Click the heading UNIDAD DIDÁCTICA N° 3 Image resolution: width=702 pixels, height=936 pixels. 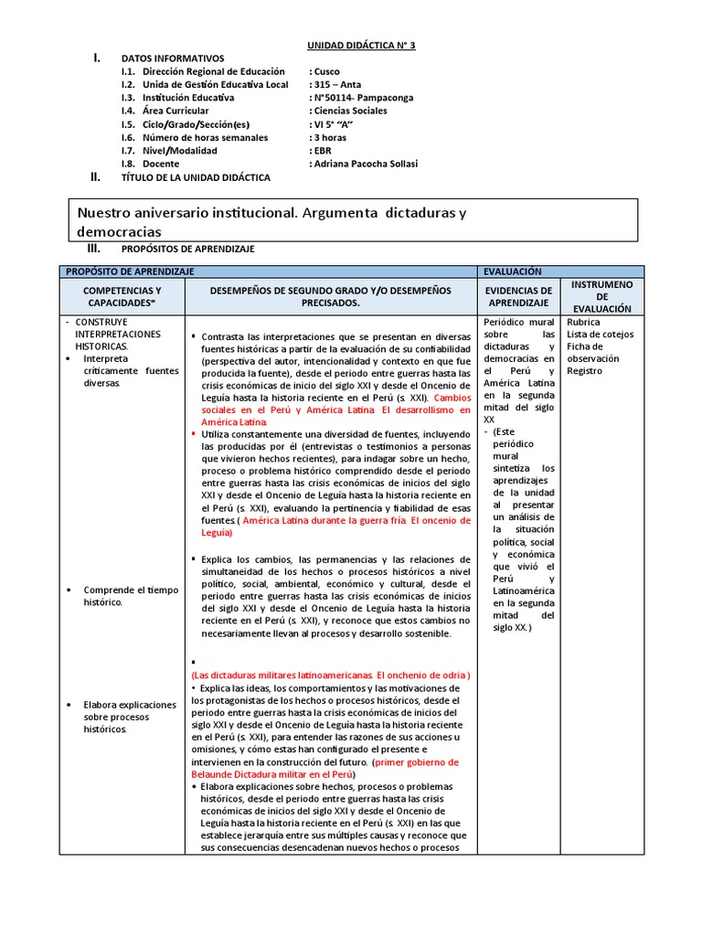coord(359,45)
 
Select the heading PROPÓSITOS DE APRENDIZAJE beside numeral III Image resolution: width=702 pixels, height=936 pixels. coord(187,249)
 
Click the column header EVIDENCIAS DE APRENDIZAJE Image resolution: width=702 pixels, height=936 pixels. coord(519,295)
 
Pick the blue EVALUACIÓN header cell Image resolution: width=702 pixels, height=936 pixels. coord(516,271)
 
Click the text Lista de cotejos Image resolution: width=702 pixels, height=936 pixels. coord(601,335)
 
